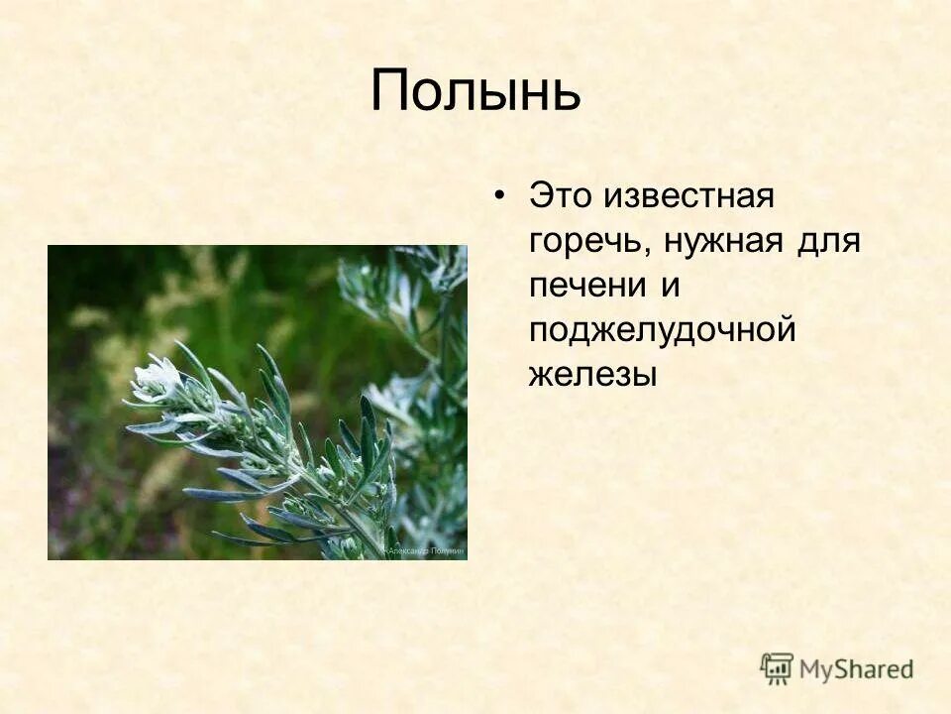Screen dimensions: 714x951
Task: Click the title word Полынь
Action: pyautogui.click(x=475, y=91)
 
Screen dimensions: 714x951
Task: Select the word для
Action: pyautogui.click(x=829, y=241)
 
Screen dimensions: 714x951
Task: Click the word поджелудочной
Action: pyautogui.click(x=662, y=331)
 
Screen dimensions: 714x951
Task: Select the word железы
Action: pyautogui.click(x=592, y=376)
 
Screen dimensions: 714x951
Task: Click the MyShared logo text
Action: pyautogui.click(x=856, y=669)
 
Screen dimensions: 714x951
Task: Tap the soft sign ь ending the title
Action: pyautogui.click(x=565, y=93)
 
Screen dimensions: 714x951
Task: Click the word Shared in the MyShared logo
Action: pyautogui.click(x=876, y=669)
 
